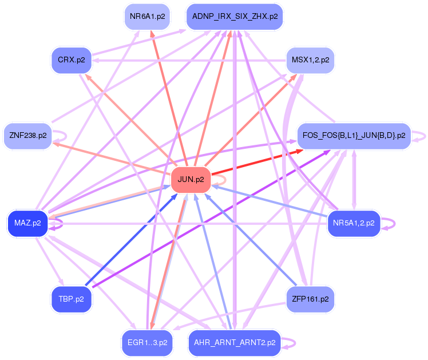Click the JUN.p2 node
click(191, 179)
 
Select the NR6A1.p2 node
click(147, 17)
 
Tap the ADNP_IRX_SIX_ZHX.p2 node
click(235, 17)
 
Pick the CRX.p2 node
click(71, 60)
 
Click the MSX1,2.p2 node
click(310, 60)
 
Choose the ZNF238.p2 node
click(27, 136)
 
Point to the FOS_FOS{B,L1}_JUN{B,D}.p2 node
click(353, 136)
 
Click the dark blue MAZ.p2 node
click(27, 223)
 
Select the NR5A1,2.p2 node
click(353, 223)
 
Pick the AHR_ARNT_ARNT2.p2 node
click(235, 342)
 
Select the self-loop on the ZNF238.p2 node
click(63, 136)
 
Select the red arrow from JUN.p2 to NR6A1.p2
click(168, 97)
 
